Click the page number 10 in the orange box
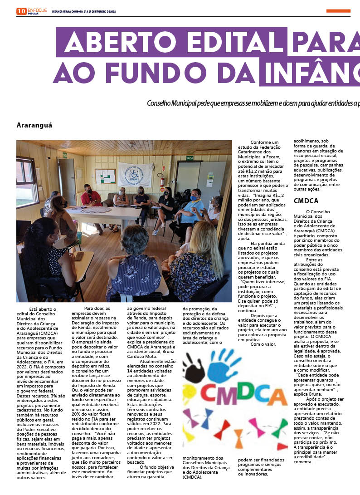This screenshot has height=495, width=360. click(21, 11)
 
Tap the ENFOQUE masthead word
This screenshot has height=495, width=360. click(37, 10)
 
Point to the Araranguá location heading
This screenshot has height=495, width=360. click(34, 125)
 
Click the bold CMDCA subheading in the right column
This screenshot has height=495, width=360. click(306, 201)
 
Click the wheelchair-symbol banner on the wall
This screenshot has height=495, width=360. click(134, 174)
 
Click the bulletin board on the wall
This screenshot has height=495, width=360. click(105, 176)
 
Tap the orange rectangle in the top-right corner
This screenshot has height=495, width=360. click(338, 11)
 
